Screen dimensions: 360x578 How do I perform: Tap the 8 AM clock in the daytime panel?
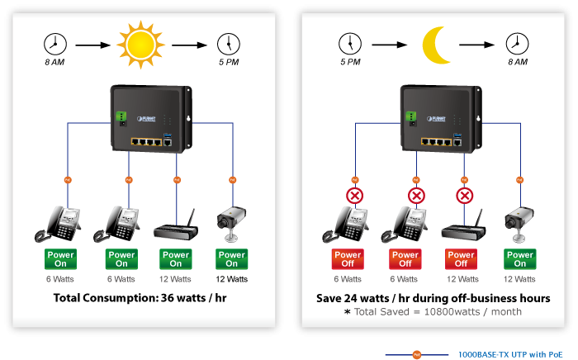(55, 43)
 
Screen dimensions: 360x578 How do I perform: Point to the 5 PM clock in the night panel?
(350, 43)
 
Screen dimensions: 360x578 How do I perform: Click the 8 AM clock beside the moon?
(517, 43)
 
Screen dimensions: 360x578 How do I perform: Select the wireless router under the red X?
(462, 227)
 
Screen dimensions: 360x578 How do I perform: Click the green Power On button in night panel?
(520, 259)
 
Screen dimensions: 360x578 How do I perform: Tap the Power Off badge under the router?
(462, 259)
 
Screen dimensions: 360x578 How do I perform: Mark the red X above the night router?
(465, 196)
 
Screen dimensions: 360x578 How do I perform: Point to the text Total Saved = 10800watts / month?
(434, 312)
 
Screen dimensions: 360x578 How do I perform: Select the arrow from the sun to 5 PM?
(189, 44)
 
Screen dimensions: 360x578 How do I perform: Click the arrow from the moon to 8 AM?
(480, 44)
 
